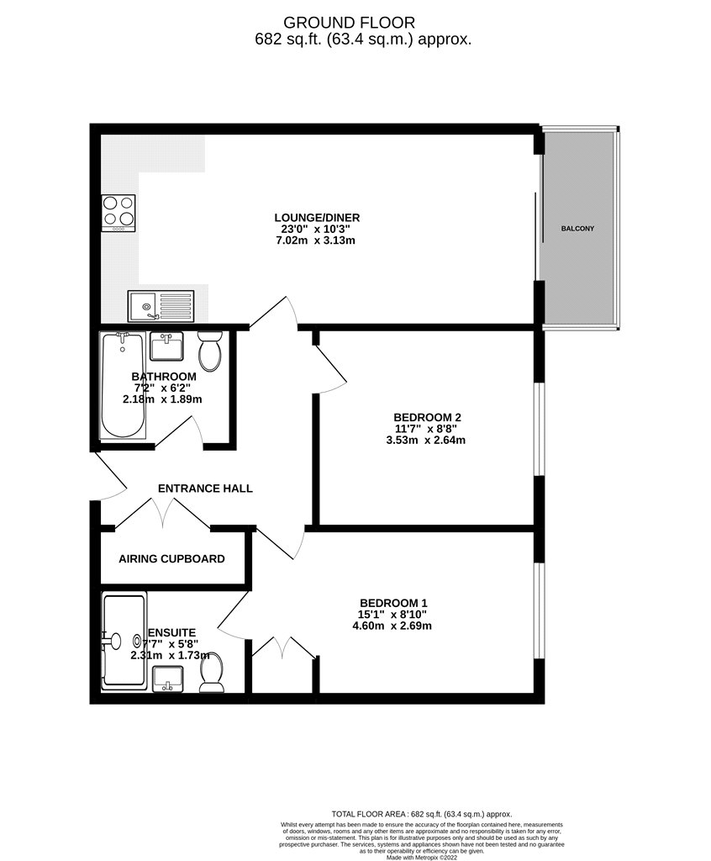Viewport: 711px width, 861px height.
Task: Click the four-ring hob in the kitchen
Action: tap(118, 213)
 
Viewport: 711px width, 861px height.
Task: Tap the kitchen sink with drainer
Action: tap(161, 306)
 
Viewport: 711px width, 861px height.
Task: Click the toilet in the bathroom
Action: tap(209, 351)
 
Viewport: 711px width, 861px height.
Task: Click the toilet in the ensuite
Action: tap(212, 672)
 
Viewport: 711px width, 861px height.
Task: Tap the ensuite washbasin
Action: tap(168, 679)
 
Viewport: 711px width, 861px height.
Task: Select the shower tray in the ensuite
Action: tap(124, 640)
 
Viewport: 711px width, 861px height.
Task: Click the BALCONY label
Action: tap(577, 229)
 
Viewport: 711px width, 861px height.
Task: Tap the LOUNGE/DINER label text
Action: tap(317, 218)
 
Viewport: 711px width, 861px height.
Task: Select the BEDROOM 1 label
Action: tap(393, 603)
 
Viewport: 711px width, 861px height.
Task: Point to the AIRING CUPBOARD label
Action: tap(171, 559)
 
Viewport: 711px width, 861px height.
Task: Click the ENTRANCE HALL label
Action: tap(205, 489)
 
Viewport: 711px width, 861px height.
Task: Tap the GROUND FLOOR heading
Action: tap(349, 23)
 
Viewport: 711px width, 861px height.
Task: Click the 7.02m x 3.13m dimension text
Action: tap(316, 240)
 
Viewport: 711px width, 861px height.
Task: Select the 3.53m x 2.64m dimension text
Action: tap(425, 440)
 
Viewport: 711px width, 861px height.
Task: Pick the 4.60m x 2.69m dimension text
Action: tap(392, 626)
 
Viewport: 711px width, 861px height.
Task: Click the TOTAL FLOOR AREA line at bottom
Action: tap(422, 814)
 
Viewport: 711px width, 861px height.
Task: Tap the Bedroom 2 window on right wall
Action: tap(540, 428)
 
